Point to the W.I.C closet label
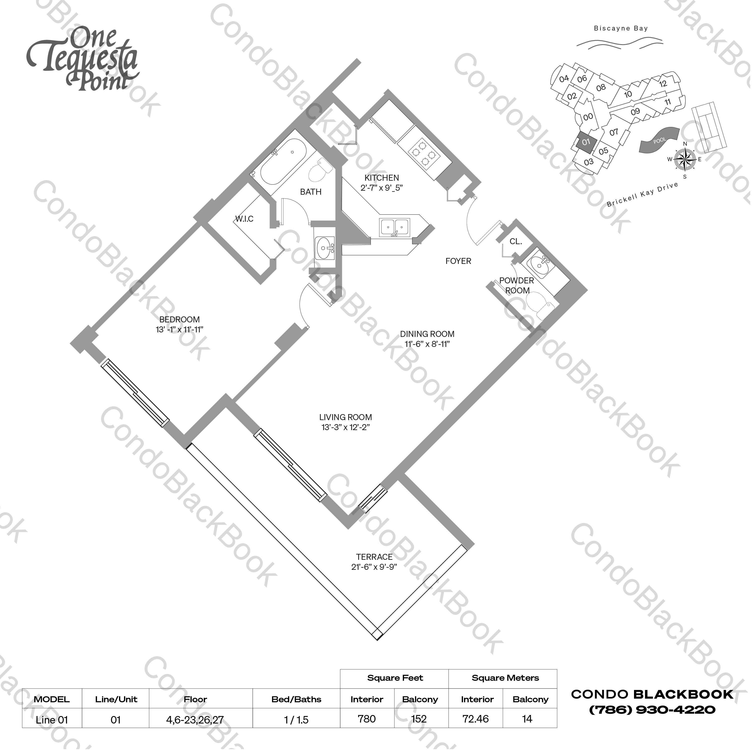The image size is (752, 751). (244, 219)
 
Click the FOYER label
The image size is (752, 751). (458, 261)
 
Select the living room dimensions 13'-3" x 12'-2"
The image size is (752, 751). (345, 427)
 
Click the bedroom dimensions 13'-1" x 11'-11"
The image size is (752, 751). (179, 330)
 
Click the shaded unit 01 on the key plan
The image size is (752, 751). (586, 142)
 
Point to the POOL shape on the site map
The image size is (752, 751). (658, 141)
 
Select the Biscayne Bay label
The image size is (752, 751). (620, 28)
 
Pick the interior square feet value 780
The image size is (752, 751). (367, 719)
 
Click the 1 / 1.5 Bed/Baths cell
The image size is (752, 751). (296, 720)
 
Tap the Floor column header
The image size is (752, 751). (195, 699)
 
